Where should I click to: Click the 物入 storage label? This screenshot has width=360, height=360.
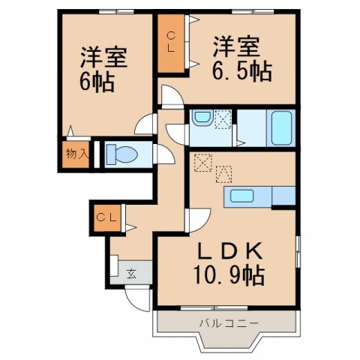pyautogui.click(x=77, y=154)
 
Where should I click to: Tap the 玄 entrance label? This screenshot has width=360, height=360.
pyautogui.click(x=130, y=272)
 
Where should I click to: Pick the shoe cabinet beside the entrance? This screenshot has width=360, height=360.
pyautogui.click(x=113, y=267)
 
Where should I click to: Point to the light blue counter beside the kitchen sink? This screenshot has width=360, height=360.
pyautogui.click(x=283, y=196)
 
